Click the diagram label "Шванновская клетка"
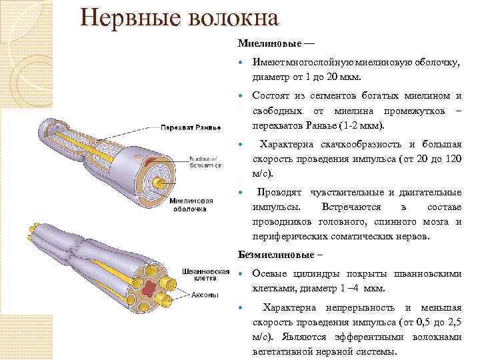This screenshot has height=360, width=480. click(205, 275)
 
